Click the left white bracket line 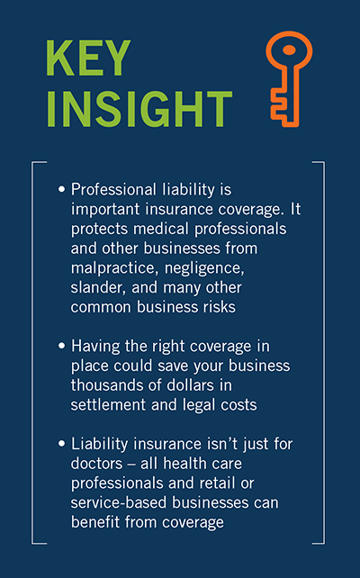click(32, 351)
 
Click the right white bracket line click(323, 351)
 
